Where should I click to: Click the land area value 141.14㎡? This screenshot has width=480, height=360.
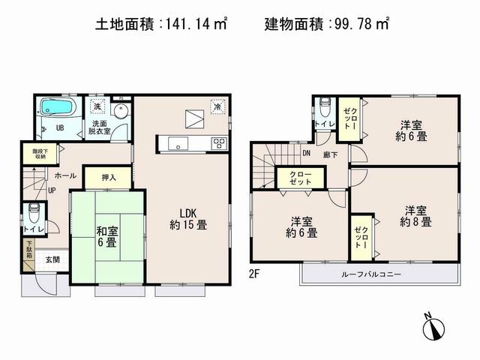[196, 25]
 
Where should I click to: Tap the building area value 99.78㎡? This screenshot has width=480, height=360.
[364, 25]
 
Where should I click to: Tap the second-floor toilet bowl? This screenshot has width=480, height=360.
[324, 106]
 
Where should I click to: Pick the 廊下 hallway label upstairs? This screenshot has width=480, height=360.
[328, 154]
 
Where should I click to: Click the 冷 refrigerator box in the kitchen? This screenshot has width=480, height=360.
[216, 107]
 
